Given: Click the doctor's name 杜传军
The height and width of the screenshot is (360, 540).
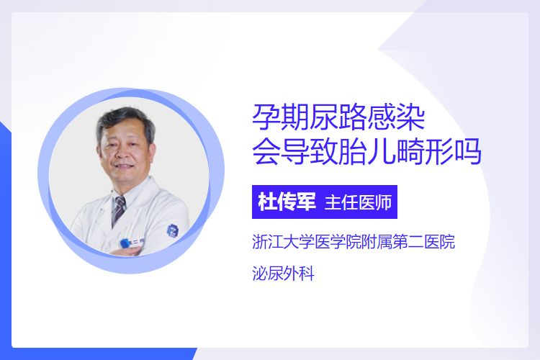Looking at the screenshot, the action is [287, 202].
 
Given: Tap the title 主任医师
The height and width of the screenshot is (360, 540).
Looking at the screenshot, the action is [358, 202].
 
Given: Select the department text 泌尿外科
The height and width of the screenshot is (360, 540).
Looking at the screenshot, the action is [284, 274].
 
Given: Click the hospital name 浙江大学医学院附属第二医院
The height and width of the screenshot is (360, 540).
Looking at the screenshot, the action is [354, 241].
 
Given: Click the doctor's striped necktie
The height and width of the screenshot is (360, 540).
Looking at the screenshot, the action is [119, 209].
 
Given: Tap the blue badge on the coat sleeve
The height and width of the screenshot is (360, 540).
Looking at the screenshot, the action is [172, 230].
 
